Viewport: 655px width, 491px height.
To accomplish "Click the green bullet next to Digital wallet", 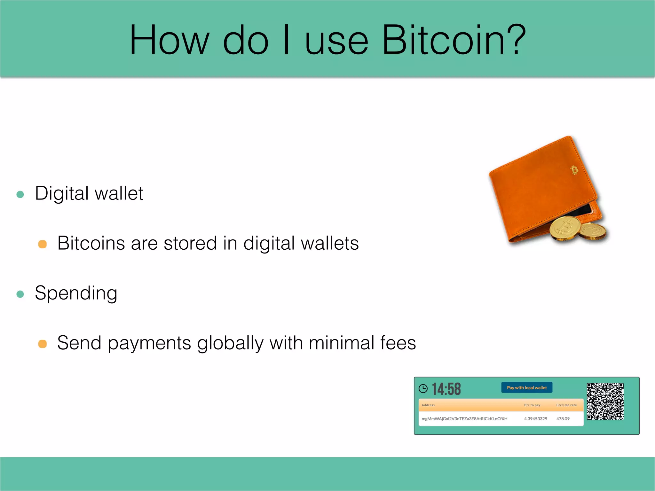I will [20, 194].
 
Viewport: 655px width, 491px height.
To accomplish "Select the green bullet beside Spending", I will [20, 294].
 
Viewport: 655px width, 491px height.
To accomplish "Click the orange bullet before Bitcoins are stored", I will [43, 244].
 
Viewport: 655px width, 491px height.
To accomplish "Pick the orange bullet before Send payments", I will [43, 344].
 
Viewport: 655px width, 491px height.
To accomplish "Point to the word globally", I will [230, 343].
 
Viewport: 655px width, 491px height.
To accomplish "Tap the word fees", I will [398, 343].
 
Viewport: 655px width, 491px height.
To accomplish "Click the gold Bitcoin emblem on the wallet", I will [574, 170].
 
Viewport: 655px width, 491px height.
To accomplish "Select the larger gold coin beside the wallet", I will [565, 228].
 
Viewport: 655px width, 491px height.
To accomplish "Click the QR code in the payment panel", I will [605, 401].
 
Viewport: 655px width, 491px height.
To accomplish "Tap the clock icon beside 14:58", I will [423, 388].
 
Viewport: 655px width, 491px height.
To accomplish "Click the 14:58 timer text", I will [446, 389].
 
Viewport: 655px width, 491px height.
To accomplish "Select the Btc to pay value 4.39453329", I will [535, 419].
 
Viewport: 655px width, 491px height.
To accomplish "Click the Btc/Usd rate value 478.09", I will [563, 419].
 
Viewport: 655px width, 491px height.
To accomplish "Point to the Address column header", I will [428, 405].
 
